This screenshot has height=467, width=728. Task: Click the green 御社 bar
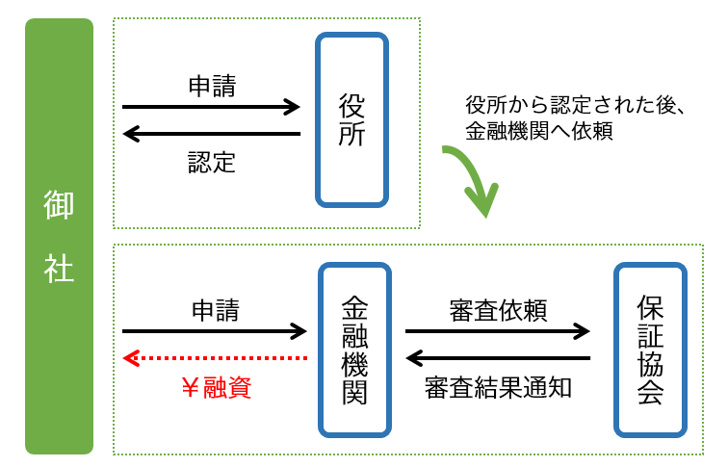tap(59, 236)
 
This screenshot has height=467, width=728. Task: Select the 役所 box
tap(352, 120)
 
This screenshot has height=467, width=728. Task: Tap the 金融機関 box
tap(354, 350)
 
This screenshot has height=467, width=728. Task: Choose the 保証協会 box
tap(650, 350)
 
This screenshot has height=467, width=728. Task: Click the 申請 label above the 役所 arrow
tap(212, 87)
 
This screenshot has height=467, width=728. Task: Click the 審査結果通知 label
tap(498, 387)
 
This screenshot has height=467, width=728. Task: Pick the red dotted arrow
tap(215, 358)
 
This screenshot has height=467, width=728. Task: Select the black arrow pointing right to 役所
tap(212, 108)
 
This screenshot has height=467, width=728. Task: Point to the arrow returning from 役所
tap(212, 134)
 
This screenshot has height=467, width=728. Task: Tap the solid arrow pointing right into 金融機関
tap(215, 332)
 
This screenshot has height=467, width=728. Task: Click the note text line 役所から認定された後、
tap(574, 105)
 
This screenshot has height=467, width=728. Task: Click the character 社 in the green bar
tap(59, 269)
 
